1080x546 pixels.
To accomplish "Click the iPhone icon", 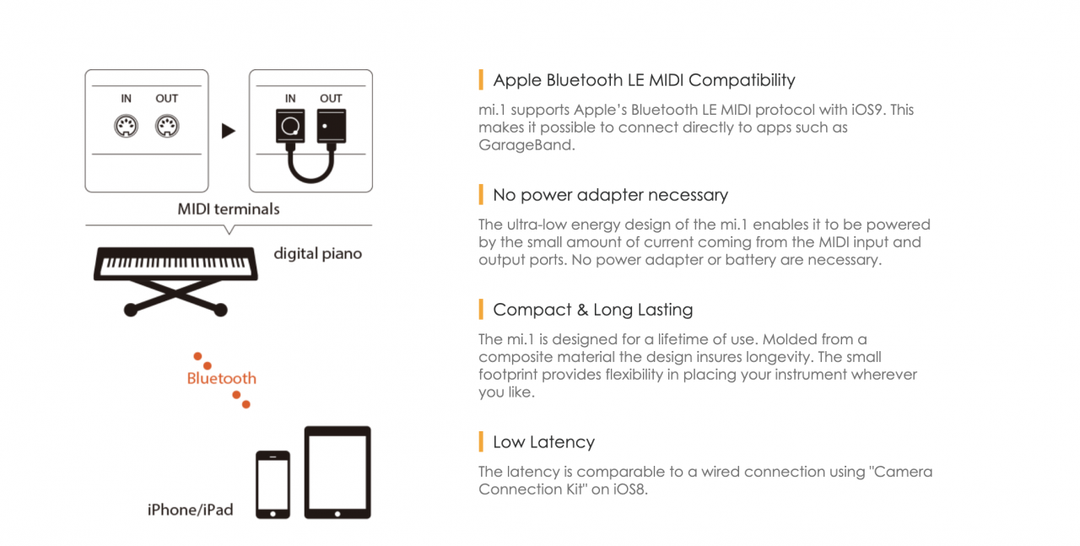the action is click(x=273, y=484).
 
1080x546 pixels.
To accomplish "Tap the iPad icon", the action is click(x=337, y=473).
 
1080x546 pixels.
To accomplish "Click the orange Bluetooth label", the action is click(x=222, y=378).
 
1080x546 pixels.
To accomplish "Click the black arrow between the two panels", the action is click(x=228, y=131).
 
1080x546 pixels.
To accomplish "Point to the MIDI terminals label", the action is click(x=229, y=208).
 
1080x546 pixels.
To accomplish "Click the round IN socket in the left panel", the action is click(x=127, y=127).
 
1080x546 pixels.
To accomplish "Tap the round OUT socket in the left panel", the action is click(x=167, y=127).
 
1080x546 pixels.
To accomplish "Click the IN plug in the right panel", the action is click(x=290, y=127).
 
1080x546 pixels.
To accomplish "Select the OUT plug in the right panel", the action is click(x=332, y=127).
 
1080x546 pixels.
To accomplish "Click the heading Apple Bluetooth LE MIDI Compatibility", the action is click(x=644, y=80).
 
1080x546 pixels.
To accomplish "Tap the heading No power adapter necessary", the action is click(x=610, y=195).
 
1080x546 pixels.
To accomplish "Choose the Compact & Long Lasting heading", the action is click(x=593, y=310).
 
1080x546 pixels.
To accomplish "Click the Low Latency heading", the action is click(x=544, y=442).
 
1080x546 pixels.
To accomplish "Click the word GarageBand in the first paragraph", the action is click(x=526, y=144).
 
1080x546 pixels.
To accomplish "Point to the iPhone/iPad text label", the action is click(x=191, y=510).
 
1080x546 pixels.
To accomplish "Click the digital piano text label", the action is click(x=318, y=254).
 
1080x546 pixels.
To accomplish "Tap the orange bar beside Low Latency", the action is click(x=481, y=441).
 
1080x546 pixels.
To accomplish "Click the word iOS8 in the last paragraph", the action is click(x=629, y=489).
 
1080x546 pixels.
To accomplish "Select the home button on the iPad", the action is click(x=337, y=514).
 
